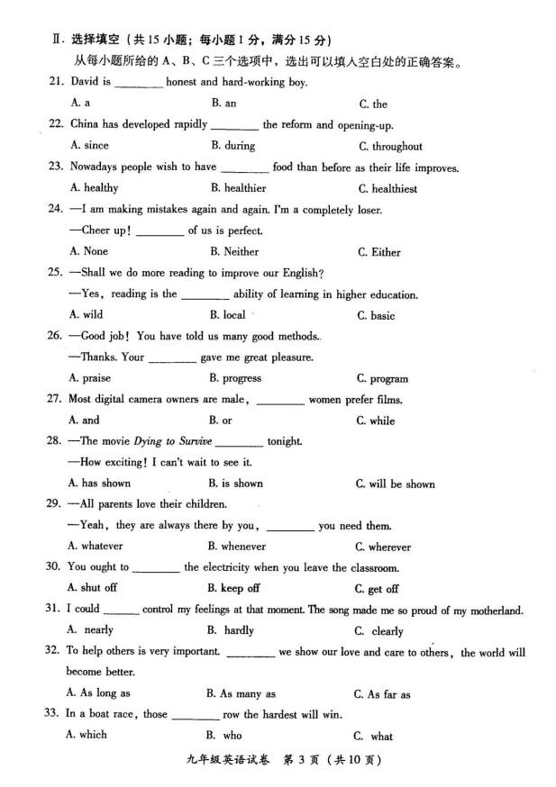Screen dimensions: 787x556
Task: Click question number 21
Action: [x=77, y=82]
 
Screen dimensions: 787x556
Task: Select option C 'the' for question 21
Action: [x=373, y=104]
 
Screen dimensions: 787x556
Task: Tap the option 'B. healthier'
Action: [x=238, y=188]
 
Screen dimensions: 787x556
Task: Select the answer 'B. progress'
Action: [x=234, y=378]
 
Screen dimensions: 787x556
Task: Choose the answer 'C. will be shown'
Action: [x=395, y=484]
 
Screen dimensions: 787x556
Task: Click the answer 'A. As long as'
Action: [x=98, y=693]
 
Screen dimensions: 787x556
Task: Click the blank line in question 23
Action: [x=244, y=168]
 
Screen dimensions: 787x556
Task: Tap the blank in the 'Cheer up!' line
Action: [x=161, y=231]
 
